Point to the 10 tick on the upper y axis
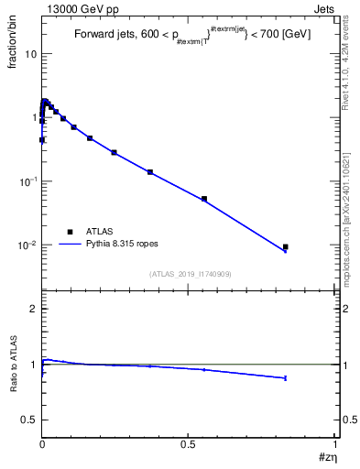30,53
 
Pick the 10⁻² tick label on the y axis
27,245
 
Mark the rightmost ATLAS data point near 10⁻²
286,246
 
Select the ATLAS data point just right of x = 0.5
204,199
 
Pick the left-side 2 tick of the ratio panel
35,310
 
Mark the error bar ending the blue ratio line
286,377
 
